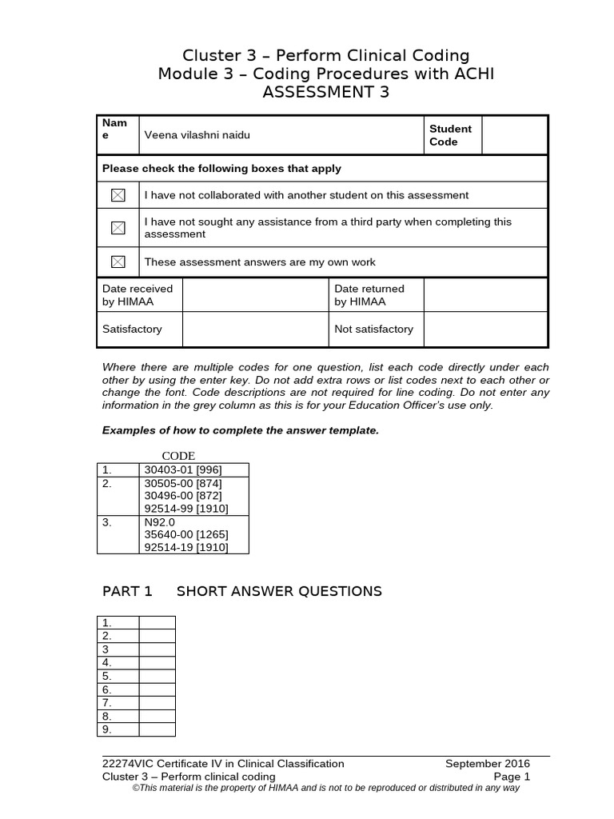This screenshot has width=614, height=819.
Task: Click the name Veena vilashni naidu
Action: pyautogui.click(x=197, y=135)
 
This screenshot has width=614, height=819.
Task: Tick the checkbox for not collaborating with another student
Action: pyautogui.click(x=118, y=195)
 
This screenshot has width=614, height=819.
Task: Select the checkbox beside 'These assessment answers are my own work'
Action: pyautogui.click(x=118, y=262)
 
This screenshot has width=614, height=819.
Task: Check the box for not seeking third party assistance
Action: pyautogui.click(x=118, y=228)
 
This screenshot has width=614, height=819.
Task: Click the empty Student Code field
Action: pyautogui.click(x=514, y=135)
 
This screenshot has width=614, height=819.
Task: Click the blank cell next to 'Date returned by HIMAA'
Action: pyautogui.click(x=484, y=295)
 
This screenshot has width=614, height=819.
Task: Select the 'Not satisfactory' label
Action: pyautogui.click(x=373, y=329)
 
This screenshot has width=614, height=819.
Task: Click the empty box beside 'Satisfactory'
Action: pyautogui.click(x=255, y=329)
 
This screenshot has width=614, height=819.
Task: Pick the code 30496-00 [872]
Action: pyautogui.click(x=181, y=496)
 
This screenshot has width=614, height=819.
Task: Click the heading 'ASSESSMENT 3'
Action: pyautogui.click(x=325, y=94)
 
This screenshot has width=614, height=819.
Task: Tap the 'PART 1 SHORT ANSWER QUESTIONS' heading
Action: pyautogui.click(x=241, y=592)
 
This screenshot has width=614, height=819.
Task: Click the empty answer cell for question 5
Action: pyautogui.click(x=157, y=676)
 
